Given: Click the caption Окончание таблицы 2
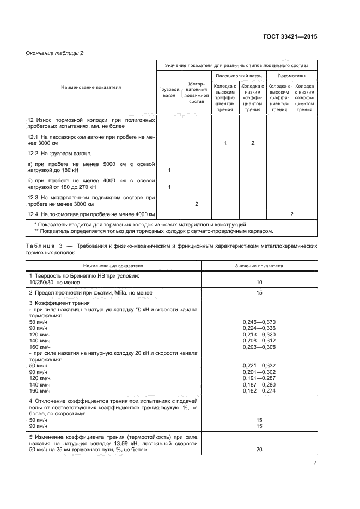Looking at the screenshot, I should tap(54, 53).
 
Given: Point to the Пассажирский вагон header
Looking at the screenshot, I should tap(239, 76).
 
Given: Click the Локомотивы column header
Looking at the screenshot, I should tap(292, 76).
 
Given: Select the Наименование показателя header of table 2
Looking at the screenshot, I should tap(91, 87).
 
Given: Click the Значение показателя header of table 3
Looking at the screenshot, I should tap(259, 266).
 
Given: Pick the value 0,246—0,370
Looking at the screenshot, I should tap(259, 322).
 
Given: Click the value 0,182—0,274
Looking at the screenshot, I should tap(259, 391).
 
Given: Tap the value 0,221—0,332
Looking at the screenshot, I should tap(259, 365).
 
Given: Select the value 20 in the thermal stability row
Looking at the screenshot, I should tap(259, 450).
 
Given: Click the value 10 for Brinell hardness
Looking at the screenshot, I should tap(259, 283).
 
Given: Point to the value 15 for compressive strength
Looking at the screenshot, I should tap(259, 293).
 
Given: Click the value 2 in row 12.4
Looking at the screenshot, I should tap(292, 214).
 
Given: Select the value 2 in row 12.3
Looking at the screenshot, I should tap(196, 203).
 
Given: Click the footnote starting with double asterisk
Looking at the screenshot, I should tap(153, 231).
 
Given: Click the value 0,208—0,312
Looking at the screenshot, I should tap(259, 341).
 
